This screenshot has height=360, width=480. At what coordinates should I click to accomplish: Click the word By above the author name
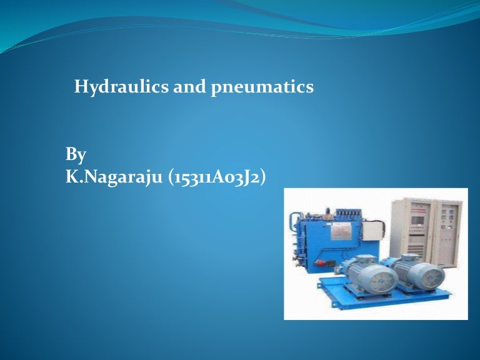pos(76,154)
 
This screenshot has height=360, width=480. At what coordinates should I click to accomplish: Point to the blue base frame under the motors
pos(375,300)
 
